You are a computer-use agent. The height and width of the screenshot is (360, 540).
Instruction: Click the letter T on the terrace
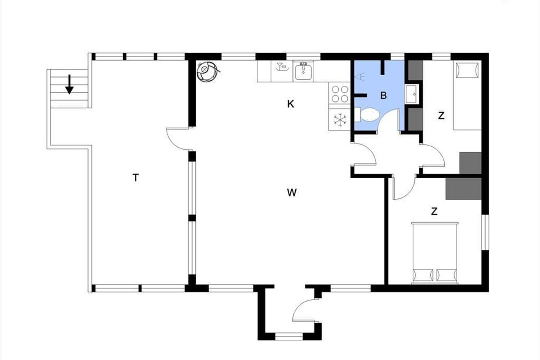click(x=136, y=178)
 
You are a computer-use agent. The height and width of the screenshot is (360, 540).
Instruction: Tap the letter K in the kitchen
click(x=291, y=104)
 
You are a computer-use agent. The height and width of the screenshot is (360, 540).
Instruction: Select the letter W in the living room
click(x=292, y=193)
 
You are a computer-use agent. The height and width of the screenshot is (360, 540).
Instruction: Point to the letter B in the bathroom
click(x=383, y=95)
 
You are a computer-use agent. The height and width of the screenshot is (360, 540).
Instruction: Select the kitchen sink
click(x=303, y=71)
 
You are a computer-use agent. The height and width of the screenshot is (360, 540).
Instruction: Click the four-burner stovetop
click(x=340, y=94)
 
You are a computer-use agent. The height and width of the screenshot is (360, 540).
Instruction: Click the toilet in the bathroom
click(x=367, y=115)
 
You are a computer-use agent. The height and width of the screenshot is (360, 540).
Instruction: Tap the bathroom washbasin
click(x=413, y=94)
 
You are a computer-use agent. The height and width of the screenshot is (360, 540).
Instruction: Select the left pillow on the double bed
click(x=423, y=275)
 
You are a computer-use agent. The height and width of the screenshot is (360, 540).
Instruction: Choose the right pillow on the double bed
click(x=446, y=275)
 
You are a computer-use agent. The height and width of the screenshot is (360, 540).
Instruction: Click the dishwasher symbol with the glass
click(x=282, y=67)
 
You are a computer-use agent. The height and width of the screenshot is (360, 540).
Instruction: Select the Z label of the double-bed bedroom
click(x=434, y=211)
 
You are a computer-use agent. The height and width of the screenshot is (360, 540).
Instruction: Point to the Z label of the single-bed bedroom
click(x=441, y=116)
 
